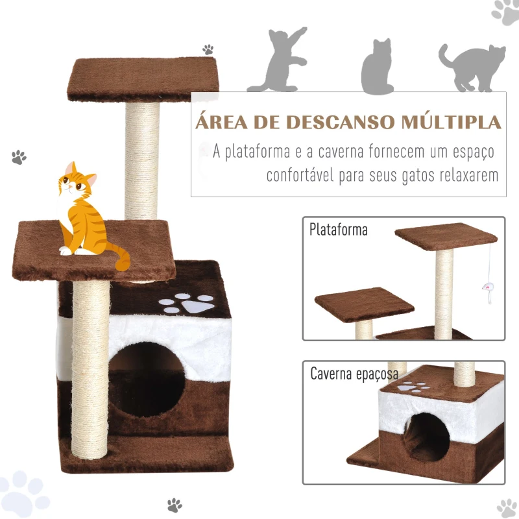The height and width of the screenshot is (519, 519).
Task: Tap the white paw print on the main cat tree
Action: pyautogui.click(x=186, y=303)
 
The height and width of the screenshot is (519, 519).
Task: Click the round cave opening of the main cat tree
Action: pyautogui.click(x=147, y=380)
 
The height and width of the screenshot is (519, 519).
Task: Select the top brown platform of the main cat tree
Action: pyautogui.click(x=143, y=79)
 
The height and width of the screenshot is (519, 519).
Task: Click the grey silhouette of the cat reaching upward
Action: pyautogui.click(x=278, y=60)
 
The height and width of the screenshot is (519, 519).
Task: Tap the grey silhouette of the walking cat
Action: pyautogui.click(x=472, y=68)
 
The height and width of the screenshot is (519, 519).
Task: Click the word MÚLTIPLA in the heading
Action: pyautogui.click(x=451, y=122)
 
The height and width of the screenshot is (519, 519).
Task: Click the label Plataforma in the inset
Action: pyautogui.click(x=338, y=230)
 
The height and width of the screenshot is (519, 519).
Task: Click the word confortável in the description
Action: pyautogui.click(x=300, y=175)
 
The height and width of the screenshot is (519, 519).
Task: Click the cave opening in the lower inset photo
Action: pyautogui.click(x=426, y=437)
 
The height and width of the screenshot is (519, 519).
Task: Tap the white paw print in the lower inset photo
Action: pyautogui.click(x=413, y=387)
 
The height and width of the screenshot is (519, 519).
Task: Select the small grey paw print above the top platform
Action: pyautogui.click(x=208, y=50)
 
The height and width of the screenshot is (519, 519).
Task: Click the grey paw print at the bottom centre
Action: pyautogui.click(x=175, y=505)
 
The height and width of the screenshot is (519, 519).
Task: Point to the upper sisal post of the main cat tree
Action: pyautogui.click(x=141, y=160)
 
